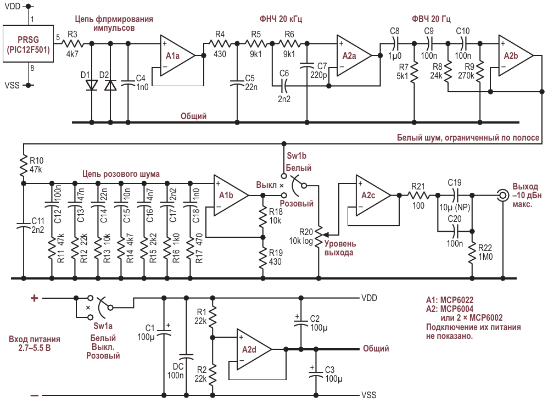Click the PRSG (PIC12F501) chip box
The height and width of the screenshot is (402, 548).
click(x=29, y=44)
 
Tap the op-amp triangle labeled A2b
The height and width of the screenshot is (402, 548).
click(x=515, y=55)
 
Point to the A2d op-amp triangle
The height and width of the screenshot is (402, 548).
click(x=253, y=349)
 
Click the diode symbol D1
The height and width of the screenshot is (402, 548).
click(x=92, y=85)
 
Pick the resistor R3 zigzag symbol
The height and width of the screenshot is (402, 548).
click(x=72, y=44)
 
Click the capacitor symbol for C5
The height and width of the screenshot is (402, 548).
click(x=237, y=83)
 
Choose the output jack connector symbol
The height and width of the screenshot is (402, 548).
click(x=503, y=195)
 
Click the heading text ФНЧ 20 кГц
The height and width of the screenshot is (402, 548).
click(x=281, y=19)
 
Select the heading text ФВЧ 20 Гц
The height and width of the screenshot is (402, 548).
click(x=431, y=19)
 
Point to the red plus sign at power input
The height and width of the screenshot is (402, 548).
click(x=34, y=298)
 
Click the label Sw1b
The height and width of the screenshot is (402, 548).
click(x=297, y=156)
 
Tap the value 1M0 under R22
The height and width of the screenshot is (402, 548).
click(x=485, y=257)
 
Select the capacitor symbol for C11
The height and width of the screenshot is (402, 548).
click(x=24, y=225)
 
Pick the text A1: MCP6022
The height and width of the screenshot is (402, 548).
click(x=450, y=300)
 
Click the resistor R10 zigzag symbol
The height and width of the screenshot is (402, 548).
click(x=24, y=166)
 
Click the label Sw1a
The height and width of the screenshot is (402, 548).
click(x=103, y=326)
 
